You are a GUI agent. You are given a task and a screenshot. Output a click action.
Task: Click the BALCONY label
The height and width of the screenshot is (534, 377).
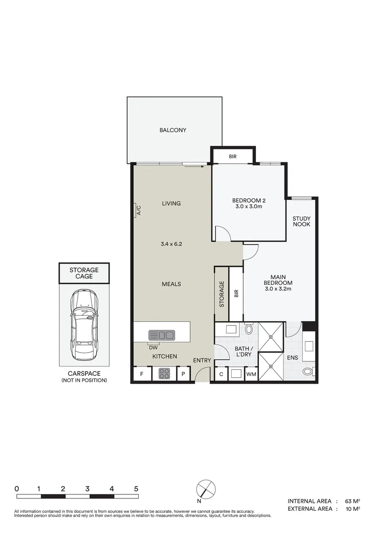[x=172, y=130]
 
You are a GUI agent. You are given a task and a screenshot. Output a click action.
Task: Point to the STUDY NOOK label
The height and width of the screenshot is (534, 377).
[x=301, y=221]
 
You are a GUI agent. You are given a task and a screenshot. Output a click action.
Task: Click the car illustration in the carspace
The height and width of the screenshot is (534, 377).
[x=84, y=325]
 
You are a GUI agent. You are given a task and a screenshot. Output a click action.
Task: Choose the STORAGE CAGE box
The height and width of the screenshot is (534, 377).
[x=84, y=273]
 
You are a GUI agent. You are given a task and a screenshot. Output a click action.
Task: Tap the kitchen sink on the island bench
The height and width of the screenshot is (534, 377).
[x=162, y=335]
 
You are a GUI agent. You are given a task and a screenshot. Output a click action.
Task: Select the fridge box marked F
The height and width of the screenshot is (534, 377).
[x=142, y=374]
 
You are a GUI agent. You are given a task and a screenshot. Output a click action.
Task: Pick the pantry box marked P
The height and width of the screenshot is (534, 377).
[x=183, y=374]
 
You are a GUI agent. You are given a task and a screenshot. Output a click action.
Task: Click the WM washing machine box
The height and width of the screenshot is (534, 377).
[x=251, y=374]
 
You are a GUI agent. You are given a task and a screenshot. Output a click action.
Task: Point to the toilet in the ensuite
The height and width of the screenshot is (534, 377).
[x=308, y=372]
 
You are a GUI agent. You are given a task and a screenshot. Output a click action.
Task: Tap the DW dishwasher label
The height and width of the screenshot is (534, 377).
[x=153, y=347]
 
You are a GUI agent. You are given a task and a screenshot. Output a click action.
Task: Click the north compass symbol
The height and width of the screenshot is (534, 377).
[x=206, y=489]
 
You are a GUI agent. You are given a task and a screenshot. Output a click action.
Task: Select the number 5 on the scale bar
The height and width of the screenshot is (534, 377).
[x=136, y=489]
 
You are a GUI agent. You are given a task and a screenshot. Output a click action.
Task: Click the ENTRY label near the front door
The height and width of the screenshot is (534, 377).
[x=202, y=360]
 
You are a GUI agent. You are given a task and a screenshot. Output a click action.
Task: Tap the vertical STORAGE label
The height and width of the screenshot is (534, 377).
[x=222, y=294]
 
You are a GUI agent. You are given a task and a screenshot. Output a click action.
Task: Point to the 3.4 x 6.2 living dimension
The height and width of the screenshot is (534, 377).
[x=171, y=244]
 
